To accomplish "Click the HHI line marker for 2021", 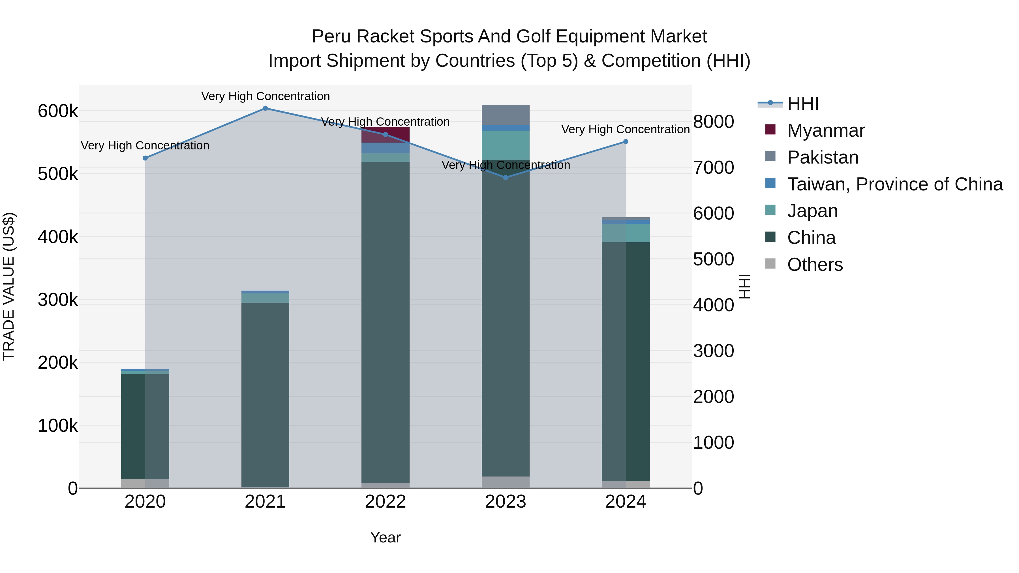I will (x=266, y=108).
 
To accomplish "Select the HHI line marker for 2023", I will (x=506, y=177).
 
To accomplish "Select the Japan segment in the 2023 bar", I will (x=506, y=145).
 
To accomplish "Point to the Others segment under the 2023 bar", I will (x=506, y=482).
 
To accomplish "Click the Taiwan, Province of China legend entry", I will (x=895, y=184).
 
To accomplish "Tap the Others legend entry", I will (x=815, y=265).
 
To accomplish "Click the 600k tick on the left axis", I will (x=58, y=111).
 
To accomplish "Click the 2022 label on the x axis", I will (x=385, y=502).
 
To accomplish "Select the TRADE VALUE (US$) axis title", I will (x=9, y=286).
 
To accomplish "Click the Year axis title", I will (x=385, y=537).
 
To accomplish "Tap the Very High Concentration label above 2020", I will (x=145, y=145).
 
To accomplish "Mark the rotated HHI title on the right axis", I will (x=745, y=286).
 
